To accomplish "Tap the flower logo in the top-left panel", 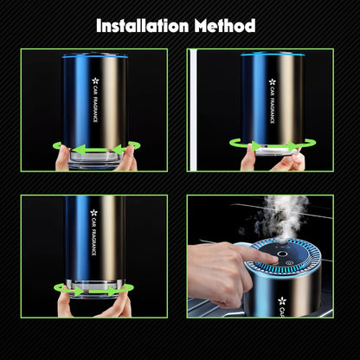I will tap(95, 83).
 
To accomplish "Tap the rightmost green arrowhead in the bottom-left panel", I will tap(130, 289).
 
